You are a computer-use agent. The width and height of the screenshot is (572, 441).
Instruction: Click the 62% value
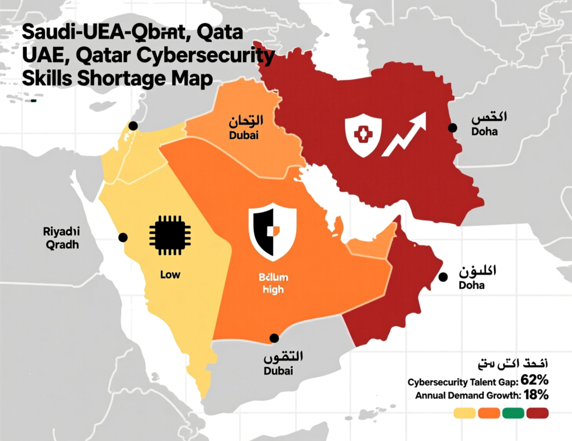click(x=535, y=381)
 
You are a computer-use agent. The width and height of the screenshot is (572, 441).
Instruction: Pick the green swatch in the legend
click(x=513, y=413)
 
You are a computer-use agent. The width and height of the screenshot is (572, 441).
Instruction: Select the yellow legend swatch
click(x=464, y=413)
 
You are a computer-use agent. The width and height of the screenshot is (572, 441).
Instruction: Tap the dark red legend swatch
click(x=537, y=413)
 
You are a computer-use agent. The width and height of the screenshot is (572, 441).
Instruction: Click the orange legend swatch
click(x=489, y=413)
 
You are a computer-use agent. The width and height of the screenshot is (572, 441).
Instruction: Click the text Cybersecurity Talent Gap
click(x=462, y=382)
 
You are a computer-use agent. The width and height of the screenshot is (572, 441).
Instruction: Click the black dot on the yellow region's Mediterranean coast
click(x=133, y=126)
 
